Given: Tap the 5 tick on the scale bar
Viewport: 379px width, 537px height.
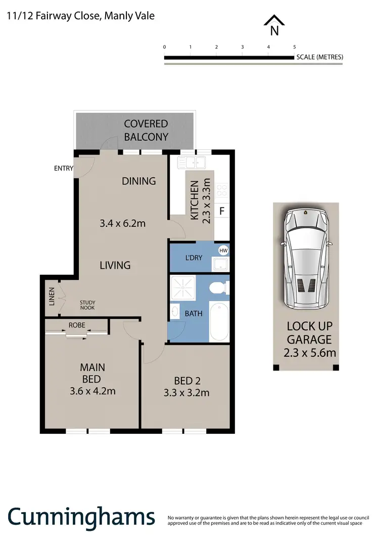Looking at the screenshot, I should tap(294, 47).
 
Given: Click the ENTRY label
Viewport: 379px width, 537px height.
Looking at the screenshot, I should tap(64, 169).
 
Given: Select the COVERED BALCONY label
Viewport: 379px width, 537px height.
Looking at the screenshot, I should tap(146, 130).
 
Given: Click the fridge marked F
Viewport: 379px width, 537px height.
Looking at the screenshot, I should tap(221, 211).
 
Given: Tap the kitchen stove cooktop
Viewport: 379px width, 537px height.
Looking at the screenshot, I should tap(222, 190).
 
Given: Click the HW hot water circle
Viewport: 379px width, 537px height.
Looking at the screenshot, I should tap(223, 250).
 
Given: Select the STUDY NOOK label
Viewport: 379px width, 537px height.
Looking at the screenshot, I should tap(87, 305).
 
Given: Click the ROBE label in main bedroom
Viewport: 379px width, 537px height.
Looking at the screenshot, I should tap(77, 325).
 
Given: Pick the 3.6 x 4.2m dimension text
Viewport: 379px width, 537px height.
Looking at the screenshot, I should tap(92, 391).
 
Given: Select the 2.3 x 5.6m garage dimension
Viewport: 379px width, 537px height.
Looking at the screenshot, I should tap(309, 353).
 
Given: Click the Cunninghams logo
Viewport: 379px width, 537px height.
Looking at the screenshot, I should tap(81, 517).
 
